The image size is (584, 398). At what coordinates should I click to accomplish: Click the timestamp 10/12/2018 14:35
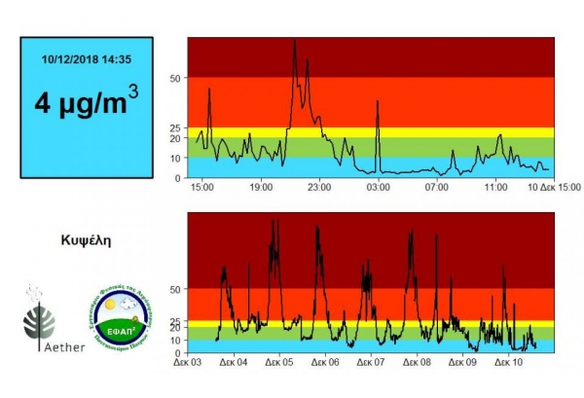(87, 59)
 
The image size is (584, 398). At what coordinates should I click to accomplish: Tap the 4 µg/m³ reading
(87, 101)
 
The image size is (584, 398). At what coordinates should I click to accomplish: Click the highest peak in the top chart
(295, 41)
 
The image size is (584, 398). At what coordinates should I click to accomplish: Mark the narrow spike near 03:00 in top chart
(378, 101)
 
